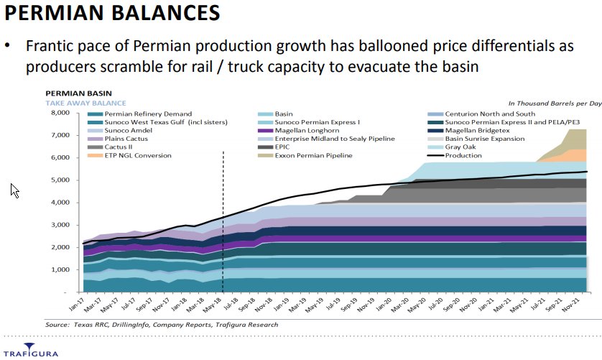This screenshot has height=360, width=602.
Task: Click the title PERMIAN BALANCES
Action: coord(113,14)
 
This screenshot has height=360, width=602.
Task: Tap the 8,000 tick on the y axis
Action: coord(57,113)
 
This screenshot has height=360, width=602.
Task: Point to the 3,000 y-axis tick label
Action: coord(57,224)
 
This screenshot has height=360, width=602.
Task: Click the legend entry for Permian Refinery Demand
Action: coord(148,114)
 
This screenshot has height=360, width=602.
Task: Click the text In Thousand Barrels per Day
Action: coord(554,103)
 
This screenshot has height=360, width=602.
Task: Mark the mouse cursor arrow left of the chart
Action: coord(14,190)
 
